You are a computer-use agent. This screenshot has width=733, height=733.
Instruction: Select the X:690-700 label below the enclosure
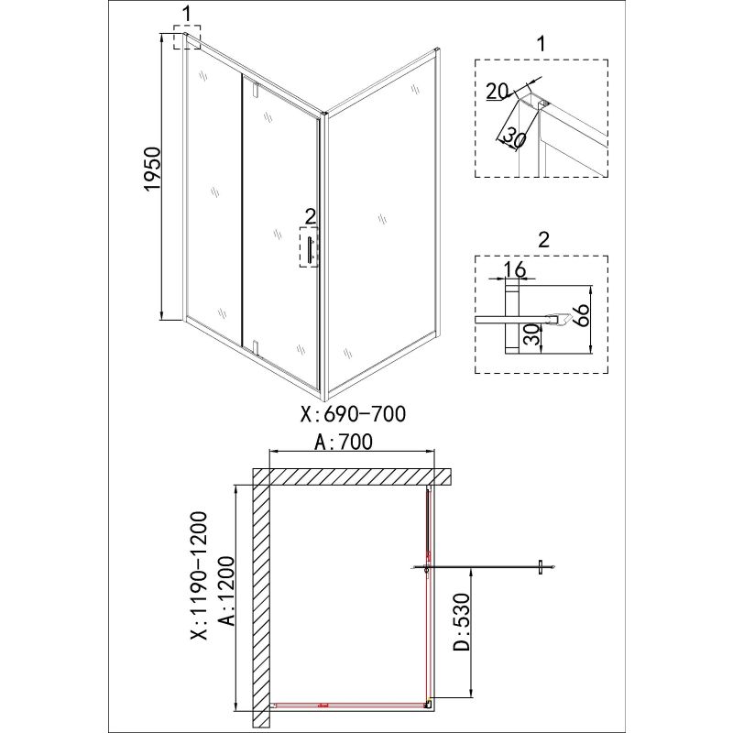(x=354, y=414)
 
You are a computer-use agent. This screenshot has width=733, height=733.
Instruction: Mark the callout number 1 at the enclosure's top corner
(x=187, y=13)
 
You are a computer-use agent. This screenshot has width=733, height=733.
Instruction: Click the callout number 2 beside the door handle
(x=310, y=217)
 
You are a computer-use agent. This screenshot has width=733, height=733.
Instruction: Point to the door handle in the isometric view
(x=311, y=250)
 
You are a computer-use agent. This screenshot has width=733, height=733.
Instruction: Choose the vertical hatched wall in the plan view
(x=260, y=596)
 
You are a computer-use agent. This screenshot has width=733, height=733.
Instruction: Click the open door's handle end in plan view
(x=542, y=568)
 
